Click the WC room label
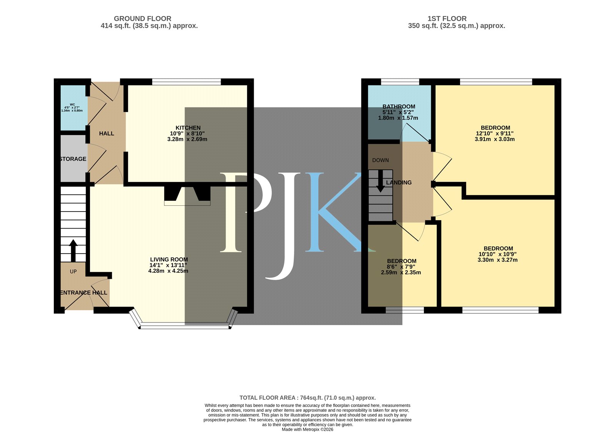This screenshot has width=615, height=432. click(x=72, y=104)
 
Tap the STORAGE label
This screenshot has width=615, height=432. click(x=73, y=159)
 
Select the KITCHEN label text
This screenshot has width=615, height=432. click(x=188, y=128)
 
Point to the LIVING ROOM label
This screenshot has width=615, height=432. click(x=169, y=259)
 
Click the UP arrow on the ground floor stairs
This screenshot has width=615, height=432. click(x=73, y=251)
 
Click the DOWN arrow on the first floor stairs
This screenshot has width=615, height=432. click(x=380, y=181)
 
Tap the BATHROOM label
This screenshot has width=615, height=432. click(x=399, y=106)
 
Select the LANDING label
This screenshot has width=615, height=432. click(x=399, y=182)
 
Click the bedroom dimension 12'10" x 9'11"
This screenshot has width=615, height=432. click(x=495, y=133)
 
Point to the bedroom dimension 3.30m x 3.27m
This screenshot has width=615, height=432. click(x=497, y=260)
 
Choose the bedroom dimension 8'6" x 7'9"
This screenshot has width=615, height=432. click(x=401, y=267)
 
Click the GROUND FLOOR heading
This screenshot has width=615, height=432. click(x=143, y=19)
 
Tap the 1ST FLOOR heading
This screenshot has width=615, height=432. click(x=447, y=19)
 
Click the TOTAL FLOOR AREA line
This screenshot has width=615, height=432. click(x=307, y=398)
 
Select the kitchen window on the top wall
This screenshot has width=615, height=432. click(x=186, y=82)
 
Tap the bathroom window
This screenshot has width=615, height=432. click(x=400, y=82)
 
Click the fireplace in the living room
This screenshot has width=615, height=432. click(x=187, y=196)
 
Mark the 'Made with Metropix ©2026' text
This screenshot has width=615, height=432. click(x=307, y=429)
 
